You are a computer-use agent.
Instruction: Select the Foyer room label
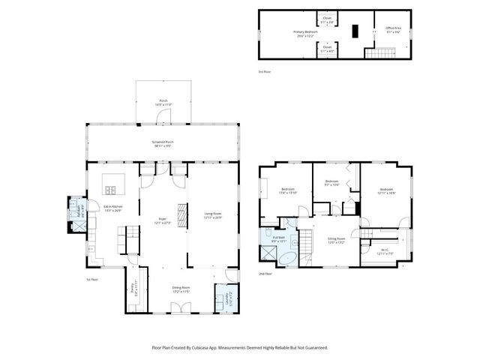(162, 220)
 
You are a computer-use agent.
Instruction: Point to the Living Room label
(213, 214)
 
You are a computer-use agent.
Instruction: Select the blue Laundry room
(226, 299)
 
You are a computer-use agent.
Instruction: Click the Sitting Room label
(335, 240)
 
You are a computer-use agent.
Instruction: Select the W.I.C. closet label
(383, 251)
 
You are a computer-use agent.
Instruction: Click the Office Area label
(393, 31)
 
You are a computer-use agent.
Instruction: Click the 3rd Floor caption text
(264, 71)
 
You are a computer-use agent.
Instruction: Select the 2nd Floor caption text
(265, 274)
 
